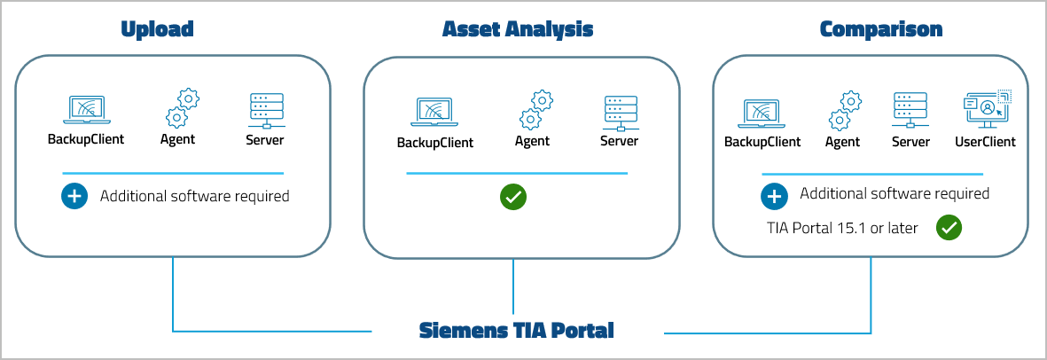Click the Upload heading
pos(156,29)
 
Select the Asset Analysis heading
pos(518,29)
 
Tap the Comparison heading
pos(880,29)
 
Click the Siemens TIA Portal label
pos(516,332)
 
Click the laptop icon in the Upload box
pos(85,110)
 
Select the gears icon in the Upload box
pos(182,108)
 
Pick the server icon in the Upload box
pos(265,110)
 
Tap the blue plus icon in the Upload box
pos(74,196)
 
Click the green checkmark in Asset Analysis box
pos(513,197)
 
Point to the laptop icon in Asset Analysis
pos(434,113)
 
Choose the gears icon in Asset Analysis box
pos(536,110)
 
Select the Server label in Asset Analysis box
pos(619,141)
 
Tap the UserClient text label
pos(985,142)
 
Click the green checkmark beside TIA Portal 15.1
pos(949,228)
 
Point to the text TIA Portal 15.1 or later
pos(842,228)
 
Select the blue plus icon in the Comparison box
pos(774,196)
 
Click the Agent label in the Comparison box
pos(842,142)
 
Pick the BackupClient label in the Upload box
pos(85,139)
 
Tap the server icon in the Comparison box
pos(910,111)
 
